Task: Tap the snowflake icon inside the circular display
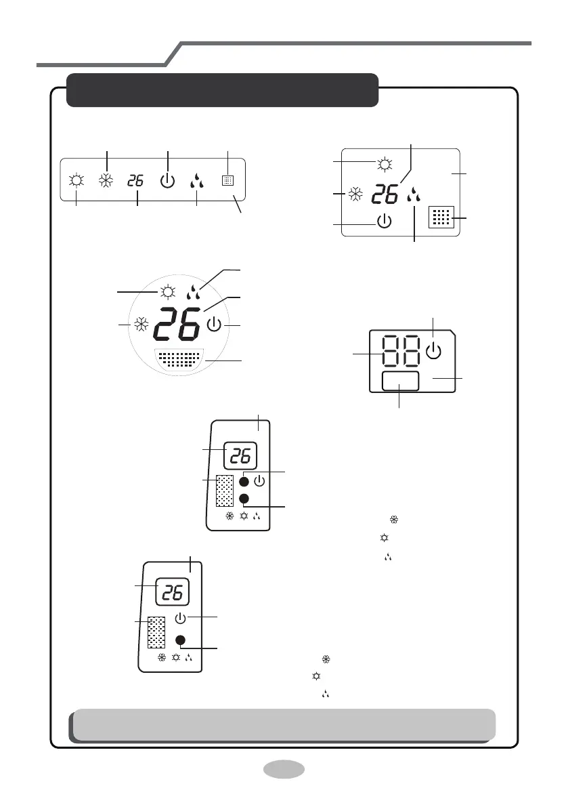click(141, 325)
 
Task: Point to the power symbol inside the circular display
click(214, 326)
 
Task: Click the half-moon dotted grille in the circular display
click(178, 358)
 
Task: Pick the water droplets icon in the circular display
click(193, 293)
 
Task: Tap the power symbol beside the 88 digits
click(435, 351)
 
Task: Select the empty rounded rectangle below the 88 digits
click(400, 381)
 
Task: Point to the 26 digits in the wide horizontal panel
click(136, 181)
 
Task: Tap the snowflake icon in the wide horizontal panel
click(106, 181)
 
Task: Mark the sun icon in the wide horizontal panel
click(76, 181)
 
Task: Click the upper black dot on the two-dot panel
click(244, 482)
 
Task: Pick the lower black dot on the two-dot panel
click(244, 499)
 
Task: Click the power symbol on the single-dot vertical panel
click(180, 618)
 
